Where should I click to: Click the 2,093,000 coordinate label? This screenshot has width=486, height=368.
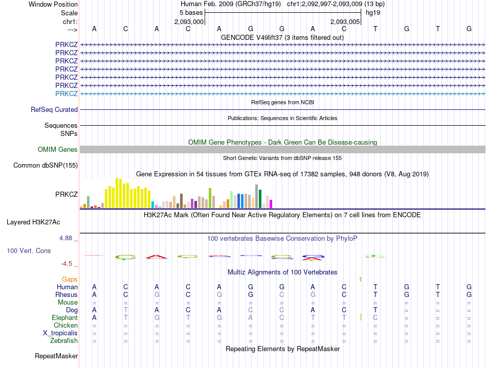[x=189, y=21]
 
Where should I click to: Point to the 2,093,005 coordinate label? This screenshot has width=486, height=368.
[x=345, y=21]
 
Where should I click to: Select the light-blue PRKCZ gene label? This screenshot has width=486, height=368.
[x=67, y=94]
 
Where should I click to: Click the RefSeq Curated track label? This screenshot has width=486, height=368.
[x=54, y=109]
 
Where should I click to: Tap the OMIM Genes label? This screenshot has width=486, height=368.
[x=58, y=149]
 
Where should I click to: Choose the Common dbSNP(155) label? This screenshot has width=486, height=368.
[x=46, y=165]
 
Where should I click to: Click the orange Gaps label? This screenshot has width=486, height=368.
[x=70, y=279]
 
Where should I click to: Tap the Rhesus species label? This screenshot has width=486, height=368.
[x=67, y=294]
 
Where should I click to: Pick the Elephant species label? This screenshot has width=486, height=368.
[x=64, y=317]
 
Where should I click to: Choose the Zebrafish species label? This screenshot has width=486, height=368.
[x=64, y=340]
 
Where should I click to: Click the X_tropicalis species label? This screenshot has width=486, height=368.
[x=60, y=333]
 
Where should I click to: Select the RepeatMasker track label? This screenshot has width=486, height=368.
[x=56, y=356]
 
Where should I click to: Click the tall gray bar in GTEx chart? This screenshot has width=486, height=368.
[x=257, y=196]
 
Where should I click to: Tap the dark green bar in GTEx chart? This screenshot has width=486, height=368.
[x=260, y=199]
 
